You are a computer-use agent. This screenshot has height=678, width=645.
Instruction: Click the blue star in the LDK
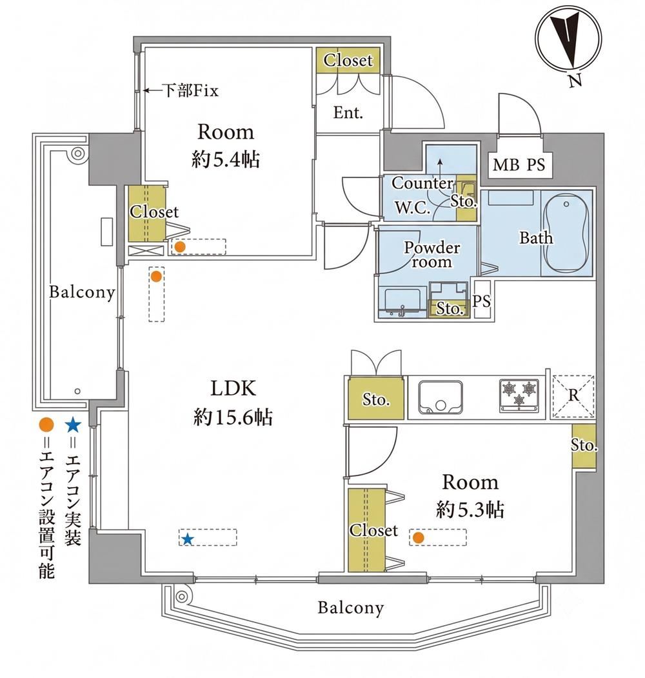[x=187, y=539]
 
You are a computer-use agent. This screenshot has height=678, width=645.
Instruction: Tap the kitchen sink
[x=441, y=397]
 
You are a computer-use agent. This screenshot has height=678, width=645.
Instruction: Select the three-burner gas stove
[x=519, y=395]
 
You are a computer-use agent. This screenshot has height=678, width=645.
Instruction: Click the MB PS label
[x=519, y=165]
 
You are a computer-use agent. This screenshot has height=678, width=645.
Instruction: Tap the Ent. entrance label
[x=348, y=113]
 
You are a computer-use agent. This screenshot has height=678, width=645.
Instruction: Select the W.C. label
[x=412, y=208]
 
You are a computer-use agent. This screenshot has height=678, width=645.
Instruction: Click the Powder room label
[x=432, y=255]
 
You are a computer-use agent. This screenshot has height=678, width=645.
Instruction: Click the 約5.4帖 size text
[x=226, y=160]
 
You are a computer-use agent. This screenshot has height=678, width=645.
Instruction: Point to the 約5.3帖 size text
[x=470, y=510]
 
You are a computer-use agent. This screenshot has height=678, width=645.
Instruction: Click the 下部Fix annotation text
[x=190, y=90]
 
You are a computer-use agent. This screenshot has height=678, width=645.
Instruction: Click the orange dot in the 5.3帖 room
[x=417, y=537]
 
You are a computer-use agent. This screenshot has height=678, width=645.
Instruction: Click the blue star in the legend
[x=72, y=426]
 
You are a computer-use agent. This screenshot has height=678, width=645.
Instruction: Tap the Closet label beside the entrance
[x=348, y=60]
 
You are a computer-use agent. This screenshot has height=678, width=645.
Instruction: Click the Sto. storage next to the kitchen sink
[x=375, y=399]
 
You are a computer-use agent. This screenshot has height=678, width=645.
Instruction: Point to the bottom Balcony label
[x=351, y=608]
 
